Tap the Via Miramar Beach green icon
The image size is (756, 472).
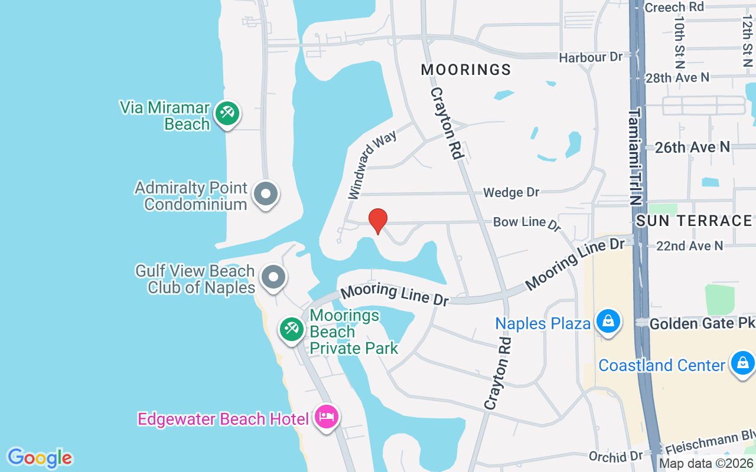[227, 112]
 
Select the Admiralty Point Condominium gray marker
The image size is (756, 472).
[266, 194]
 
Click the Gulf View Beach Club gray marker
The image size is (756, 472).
[273, 276]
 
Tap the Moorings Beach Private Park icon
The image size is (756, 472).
[291, 329]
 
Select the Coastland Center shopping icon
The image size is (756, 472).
[742, 362]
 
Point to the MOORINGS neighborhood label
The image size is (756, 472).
[466, 70]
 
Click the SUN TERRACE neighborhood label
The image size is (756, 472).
[694, 221]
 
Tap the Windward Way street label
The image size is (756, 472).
[372, 165]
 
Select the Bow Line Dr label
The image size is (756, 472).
[526, 222]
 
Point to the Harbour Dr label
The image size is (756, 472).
[591, 57]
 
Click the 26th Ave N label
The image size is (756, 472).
[692, 147]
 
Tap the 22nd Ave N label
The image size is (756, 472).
[689, 245]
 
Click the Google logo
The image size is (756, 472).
[40, 458]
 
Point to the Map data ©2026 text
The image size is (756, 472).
[706, 464]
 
